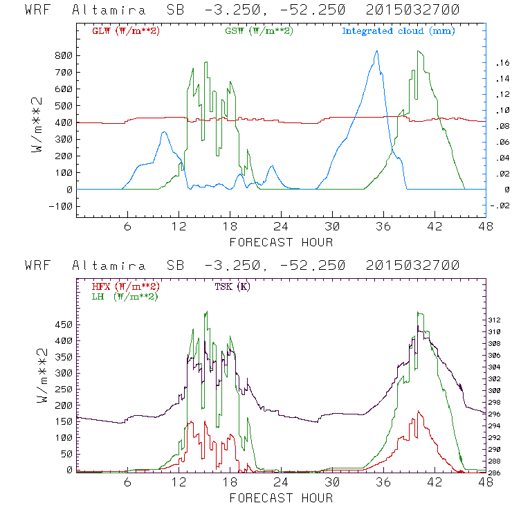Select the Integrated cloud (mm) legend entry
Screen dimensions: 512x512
(399, 31)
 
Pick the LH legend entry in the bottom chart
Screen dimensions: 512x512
(125, 296)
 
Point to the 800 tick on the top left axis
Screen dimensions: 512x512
(64, 55)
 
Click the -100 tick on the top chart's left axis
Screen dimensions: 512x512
(61, 206)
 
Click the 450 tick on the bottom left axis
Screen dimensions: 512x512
(64, 324)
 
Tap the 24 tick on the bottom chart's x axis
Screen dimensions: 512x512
(281, 483)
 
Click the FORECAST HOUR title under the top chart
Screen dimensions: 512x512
(281, 241)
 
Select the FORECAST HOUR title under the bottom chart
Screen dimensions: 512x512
(281, 497)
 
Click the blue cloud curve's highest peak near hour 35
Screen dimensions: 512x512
(376, 51)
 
